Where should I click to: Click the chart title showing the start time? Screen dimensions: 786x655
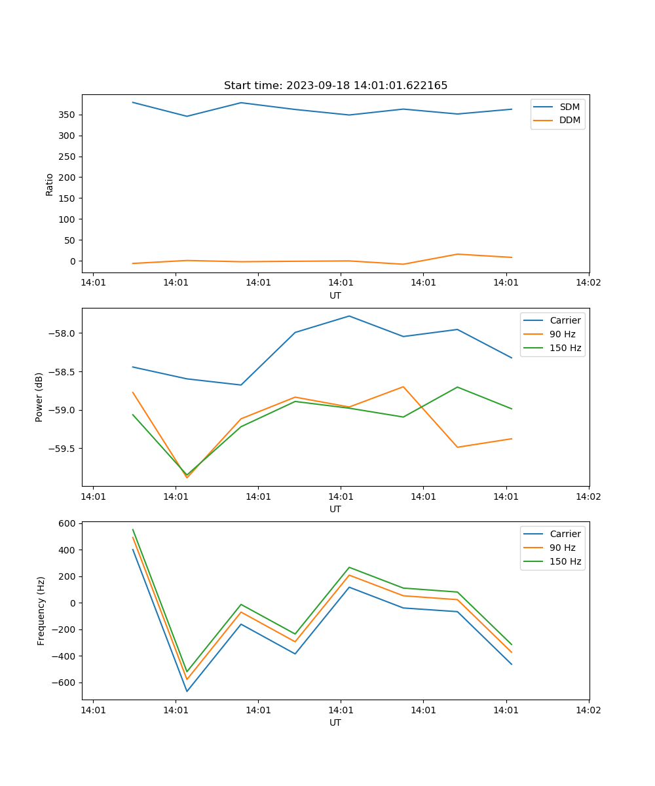tap(335, 86)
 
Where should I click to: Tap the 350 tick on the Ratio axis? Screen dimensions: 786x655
tap(67, 115)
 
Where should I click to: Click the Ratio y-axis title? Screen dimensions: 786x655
tap(50, 184)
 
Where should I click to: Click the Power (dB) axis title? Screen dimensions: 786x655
tap(39, 397)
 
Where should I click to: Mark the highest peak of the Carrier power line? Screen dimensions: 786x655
tap(349, 316)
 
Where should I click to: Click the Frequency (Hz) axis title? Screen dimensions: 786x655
tap(41, 610)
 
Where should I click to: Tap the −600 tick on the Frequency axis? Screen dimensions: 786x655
tap(65, 683)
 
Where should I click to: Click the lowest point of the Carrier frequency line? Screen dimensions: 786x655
tap(187, 691)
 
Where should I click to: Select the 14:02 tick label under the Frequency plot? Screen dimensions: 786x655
tap(588, 709)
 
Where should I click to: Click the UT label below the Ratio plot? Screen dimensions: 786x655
tap(335, 295)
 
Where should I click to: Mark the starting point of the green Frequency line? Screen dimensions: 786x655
tap(133, 530)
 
